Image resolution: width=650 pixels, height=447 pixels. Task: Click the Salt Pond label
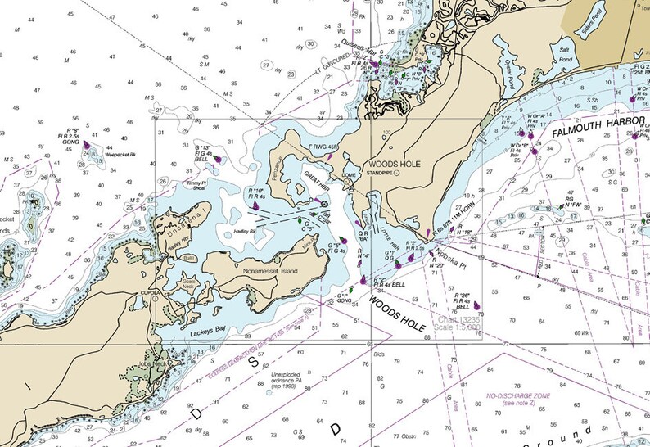564,54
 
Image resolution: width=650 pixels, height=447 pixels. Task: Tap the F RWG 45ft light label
323,147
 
